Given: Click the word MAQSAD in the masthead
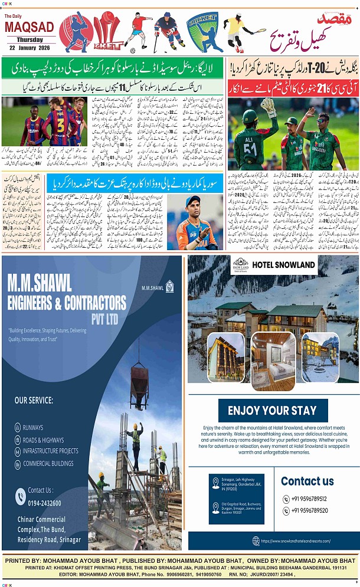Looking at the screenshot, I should [x=29, y=27].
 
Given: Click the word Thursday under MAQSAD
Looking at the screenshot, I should [x=29, y=40].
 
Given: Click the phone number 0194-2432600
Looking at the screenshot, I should [x=44, y=503].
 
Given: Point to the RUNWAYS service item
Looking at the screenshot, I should [x=33, y=428].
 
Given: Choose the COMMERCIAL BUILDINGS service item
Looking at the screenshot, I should [x=48, y=463].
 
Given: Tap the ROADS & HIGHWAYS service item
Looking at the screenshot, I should [x=43, y=440].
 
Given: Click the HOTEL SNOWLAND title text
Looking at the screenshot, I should [x=283, y=265].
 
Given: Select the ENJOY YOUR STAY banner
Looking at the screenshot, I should [x=273, y=411].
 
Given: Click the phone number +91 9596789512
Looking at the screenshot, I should [x=309, y=499].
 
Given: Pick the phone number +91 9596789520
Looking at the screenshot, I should [x=309, y=511].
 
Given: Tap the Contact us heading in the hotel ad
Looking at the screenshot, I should [x=307, y=481].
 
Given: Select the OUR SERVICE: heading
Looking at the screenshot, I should [x=34, y=401].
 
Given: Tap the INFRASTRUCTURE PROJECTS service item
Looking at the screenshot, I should [x=50, y=451].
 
